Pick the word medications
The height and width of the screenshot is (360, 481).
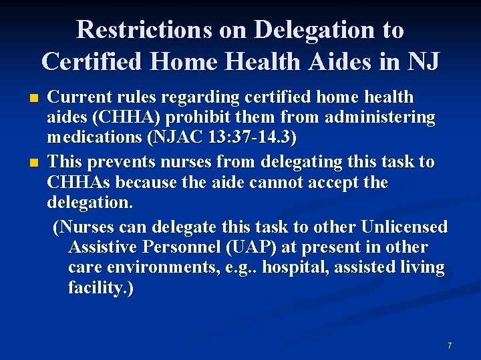(91, 139)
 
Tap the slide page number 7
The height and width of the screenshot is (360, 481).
(450, 345)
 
